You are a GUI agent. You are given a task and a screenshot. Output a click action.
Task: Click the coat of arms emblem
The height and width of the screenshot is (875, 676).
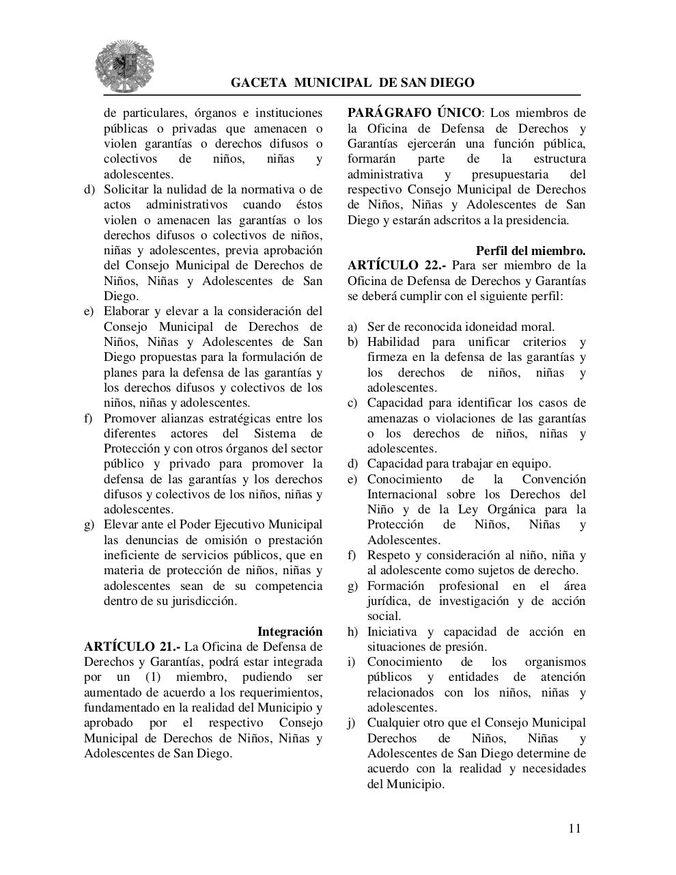(124, 66)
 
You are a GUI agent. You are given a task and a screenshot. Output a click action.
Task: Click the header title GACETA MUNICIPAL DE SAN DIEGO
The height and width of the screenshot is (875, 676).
(352, 83)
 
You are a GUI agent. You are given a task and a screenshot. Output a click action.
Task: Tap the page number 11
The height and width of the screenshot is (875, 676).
(574, 829)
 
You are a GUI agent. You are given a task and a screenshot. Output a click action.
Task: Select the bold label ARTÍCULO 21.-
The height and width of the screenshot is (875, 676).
(127, 647)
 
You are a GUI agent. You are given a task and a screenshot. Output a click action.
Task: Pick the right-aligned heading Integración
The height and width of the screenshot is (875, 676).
(290, 632)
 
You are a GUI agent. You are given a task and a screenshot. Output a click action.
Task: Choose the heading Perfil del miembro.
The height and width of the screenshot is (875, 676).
(531, 250)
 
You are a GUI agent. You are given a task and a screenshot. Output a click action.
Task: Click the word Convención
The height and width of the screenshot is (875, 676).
(554, 479)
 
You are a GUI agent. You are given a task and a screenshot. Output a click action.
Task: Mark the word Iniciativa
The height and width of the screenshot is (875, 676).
(392, 632)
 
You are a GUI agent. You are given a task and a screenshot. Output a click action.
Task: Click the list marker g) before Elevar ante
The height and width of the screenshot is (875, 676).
(89, 525)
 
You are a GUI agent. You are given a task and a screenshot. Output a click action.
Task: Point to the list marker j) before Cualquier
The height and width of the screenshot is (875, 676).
(352, 723)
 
